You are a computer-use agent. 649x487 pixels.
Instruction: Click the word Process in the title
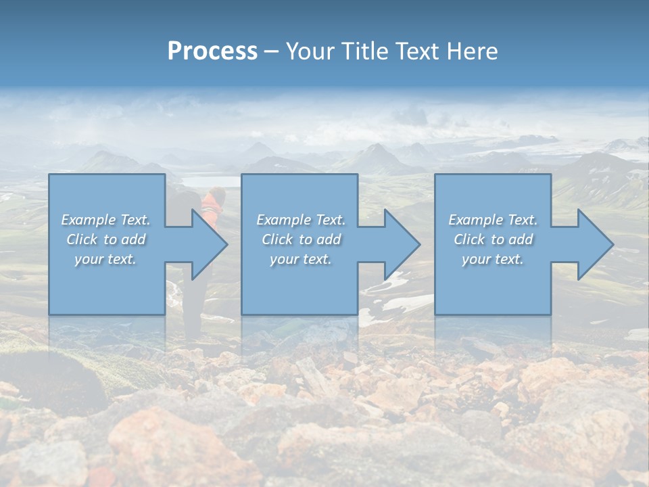pos(212,51)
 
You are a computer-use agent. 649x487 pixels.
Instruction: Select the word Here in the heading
pos(473,51)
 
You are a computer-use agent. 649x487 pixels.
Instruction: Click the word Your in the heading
pos(312,51)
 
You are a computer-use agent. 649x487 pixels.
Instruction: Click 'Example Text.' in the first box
pos(105,220)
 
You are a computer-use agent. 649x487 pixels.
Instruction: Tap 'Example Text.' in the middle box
pos(300,220)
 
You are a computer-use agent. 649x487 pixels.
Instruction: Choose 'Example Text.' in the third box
pos(493,220)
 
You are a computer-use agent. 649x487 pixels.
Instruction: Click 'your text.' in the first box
pos(105,259)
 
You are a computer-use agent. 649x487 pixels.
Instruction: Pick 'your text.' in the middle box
pos(300,259)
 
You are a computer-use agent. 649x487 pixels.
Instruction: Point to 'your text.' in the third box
pos(493,259)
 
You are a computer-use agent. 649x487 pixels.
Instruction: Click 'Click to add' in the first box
pos(105,239)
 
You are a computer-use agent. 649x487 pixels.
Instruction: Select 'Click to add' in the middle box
pos(300,239)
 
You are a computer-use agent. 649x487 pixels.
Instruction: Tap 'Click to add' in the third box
pos(493,239)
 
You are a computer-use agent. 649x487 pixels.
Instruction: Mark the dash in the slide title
pos(271,52)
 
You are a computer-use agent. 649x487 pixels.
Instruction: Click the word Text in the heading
pos(418,51)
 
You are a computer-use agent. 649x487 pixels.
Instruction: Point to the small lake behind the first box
pos(210,181)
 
